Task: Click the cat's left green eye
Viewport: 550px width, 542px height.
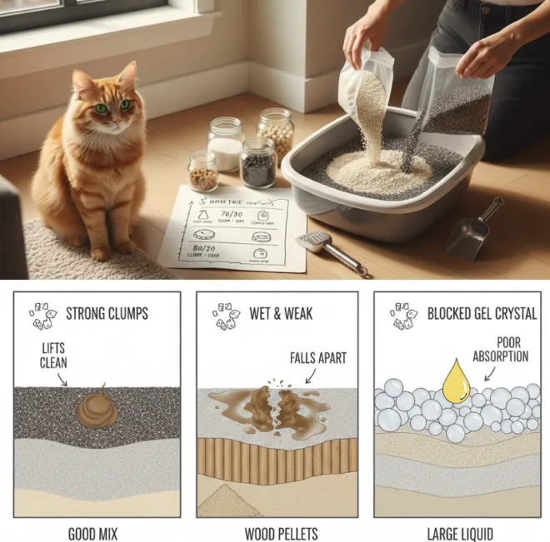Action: click(102, 107)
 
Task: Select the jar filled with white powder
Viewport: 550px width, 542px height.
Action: click(225, 145)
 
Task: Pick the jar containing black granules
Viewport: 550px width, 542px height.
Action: click(257, 163)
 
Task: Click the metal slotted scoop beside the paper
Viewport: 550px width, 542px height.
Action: click(330, 251)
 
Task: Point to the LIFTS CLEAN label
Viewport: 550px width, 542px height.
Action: click(54, 356)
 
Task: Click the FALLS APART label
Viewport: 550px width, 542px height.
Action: click(318, 358)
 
